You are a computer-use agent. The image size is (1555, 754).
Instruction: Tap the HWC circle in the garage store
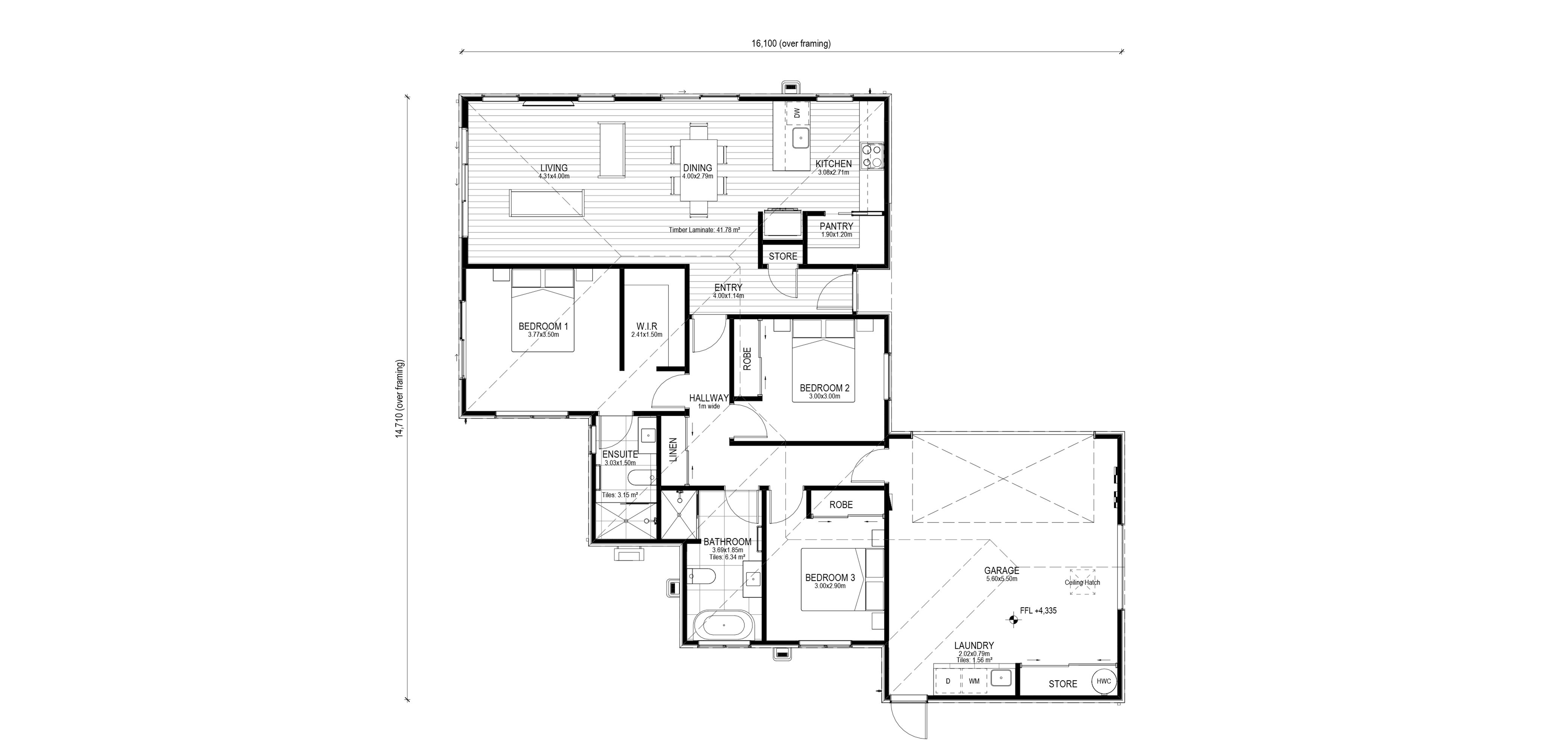pyautogui.click(x=1104, y=681)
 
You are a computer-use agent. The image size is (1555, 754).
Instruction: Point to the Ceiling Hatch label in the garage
pyautogui.click(x=1082, y=583)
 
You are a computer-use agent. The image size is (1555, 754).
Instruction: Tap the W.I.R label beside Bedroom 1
pyautogui.click(x=647, y=326)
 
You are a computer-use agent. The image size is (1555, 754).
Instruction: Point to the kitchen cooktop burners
pyautogui.click(x=872, y=156)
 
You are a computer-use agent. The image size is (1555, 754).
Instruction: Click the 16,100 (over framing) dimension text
pyautogui.click(x=791, y=44)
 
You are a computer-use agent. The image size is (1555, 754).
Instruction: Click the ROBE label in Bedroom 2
pyautogui.click(x=747, y=359)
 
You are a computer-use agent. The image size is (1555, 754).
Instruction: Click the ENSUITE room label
pyautogui.click(x=620, y=455)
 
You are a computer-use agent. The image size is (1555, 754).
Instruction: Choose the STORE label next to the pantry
pyautogui.click(x=783, y=256)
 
